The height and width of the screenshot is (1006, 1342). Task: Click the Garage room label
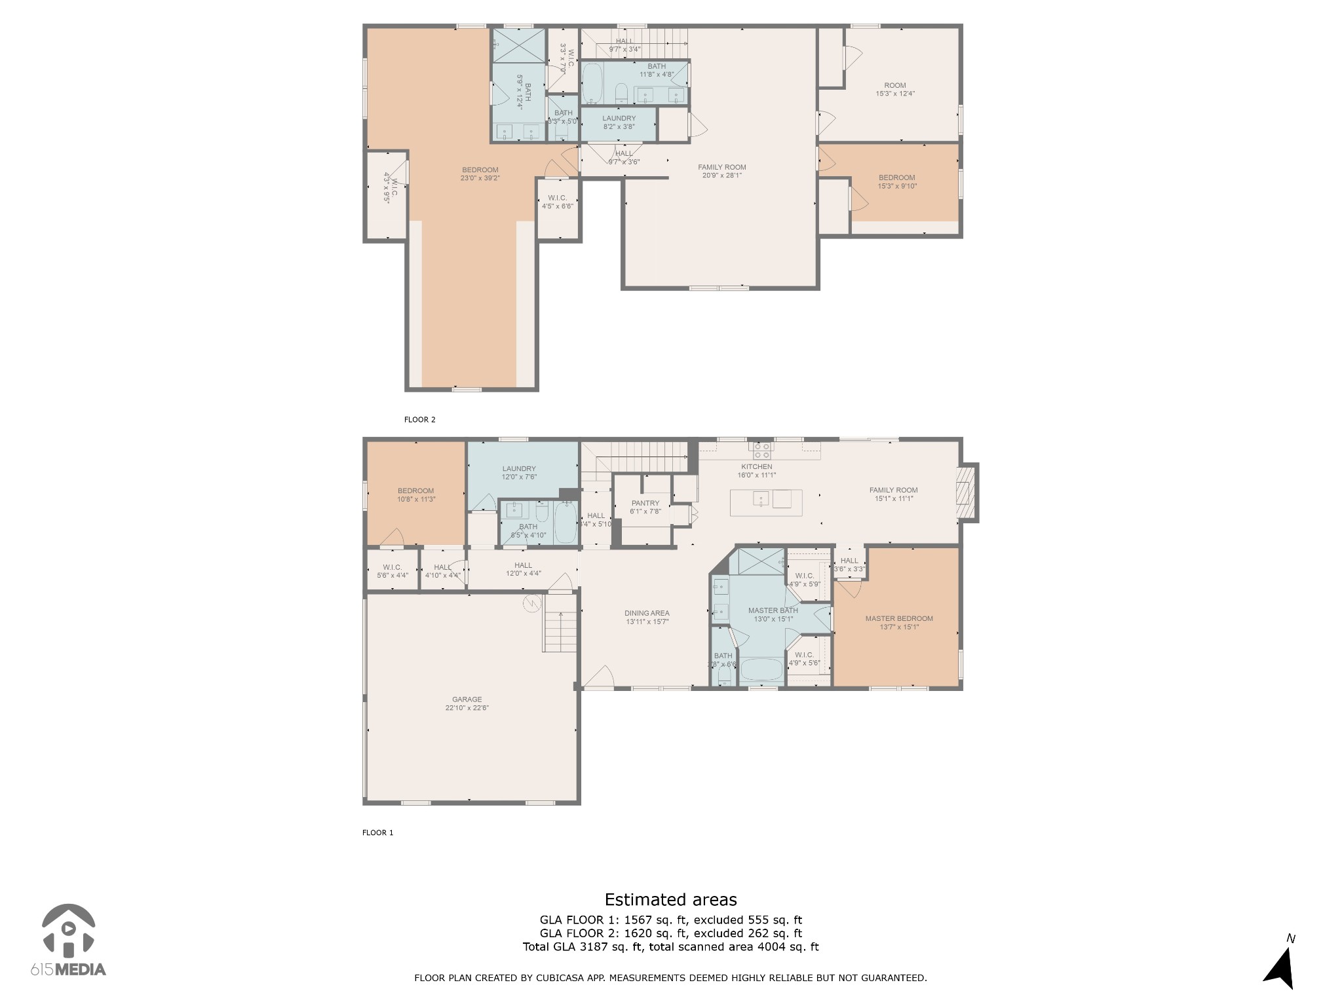click(467, 699)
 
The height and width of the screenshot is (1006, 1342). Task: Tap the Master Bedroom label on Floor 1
click(898, 618)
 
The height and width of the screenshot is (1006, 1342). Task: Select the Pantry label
click(645, 503)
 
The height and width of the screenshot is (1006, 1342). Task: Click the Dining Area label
click(647, 613)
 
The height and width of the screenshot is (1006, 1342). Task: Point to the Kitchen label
click(757, 467)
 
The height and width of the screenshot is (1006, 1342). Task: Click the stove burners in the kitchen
click(761, 450)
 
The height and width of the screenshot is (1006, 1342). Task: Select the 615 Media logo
click(68, 939)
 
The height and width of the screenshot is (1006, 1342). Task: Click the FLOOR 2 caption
click(419, 420)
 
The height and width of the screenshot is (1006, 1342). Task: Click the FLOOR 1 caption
click(377, 833)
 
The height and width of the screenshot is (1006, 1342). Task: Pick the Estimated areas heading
click(670, 899)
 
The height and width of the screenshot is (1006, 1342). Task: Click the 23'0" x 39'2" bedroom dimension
click(480, 178)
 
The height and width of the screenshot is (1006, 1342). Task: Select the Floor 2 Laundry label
click(619, 119)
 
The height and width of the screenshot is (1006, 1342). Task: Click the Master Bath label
click(773, 610)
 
